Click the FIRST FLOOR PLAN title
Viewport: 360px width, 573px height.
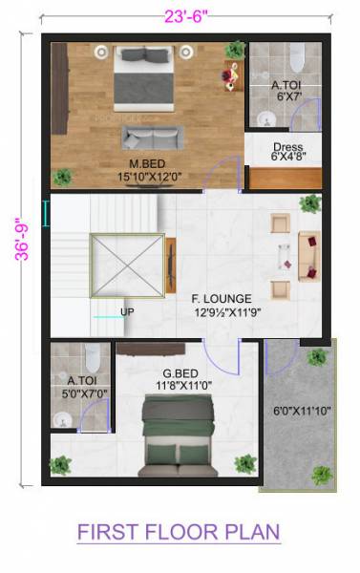(180, 531)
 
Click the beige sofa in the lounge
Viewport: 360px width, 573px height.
(309, 254)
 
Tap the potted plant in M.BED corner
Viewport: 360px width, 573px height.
(63, 177)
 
